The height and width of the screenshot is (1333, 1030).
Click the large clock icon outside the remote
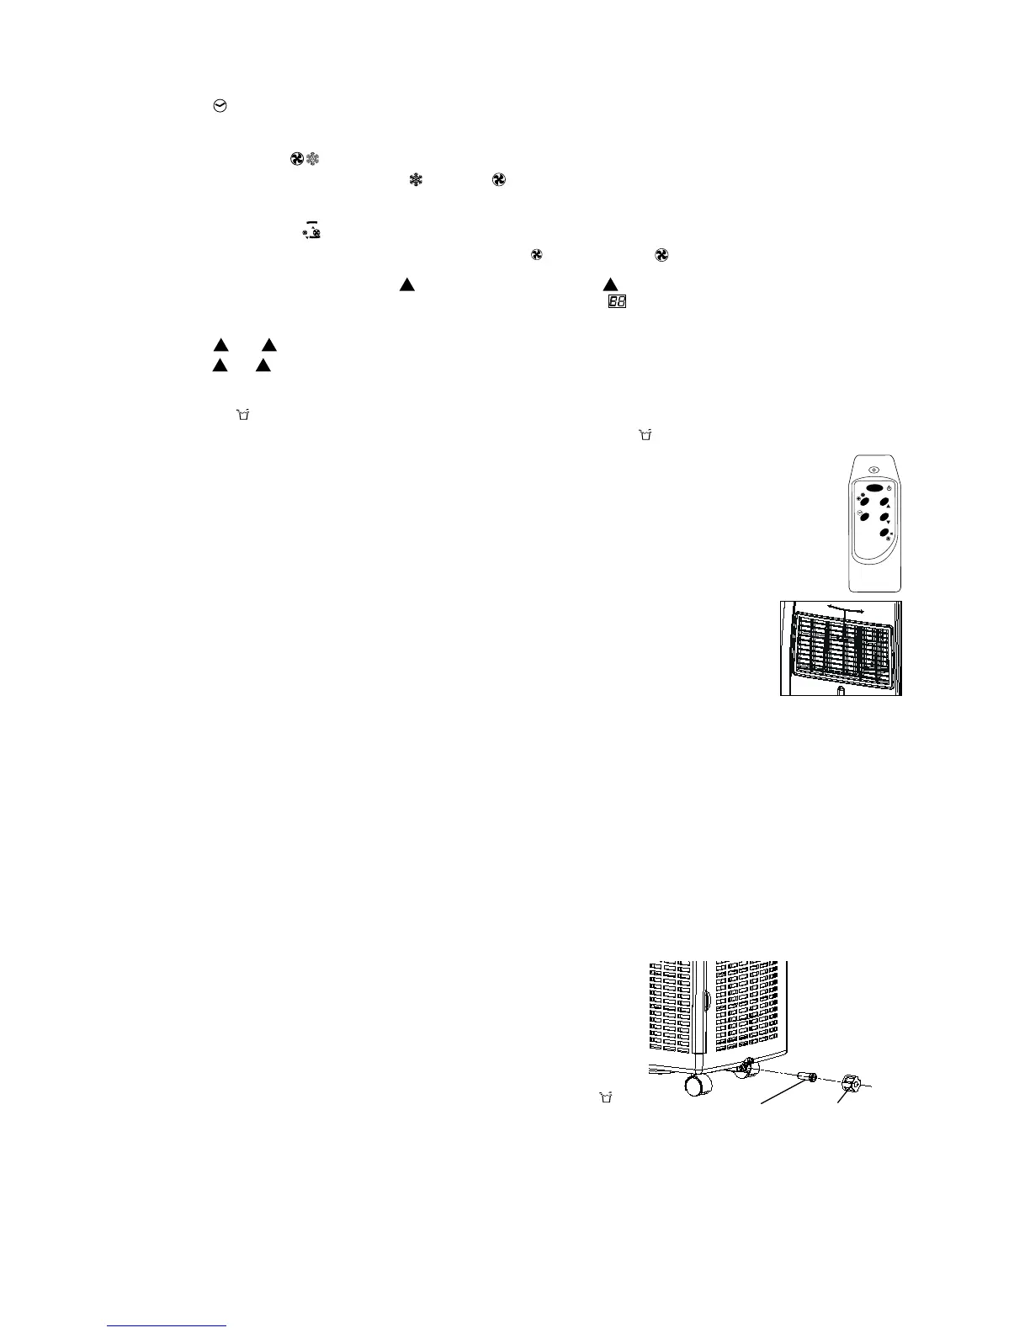221,107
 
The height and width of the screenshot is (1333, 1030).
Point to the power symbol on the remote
889,488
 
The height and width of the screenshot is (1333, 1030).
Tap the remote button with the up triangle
884,502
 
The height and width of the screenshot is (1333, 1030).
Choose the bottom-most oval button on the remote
884,534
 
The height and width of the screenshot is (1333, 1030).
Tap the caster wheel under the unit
697,1086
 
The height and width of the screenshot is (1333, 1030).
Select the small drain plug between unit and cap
810,1078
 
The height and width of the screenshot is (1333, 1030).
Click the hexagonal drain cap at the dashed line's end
847,1084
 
